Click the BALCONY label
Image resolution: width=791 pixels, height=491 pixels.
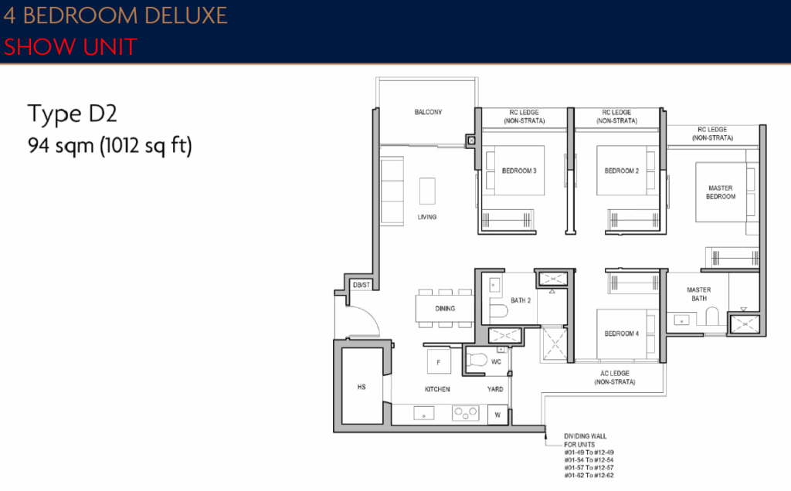428,113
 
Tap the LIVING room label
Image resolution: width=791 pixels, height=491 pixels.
427,217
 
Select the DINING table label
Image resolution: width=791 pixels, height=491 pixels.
444,309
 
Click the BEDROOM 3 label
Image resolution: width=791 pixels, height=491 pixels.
519,171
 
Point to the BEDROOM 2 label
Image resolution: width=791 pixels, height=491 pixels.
622,171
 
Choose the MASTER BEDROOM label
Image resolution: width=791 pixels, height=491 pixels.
721,192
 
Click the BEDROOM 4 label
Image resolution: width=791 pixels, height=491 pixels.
622,334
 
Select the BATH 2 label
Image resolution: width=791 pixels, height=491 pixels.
520,300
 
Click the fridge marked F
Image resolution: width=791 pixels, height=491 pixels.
439,361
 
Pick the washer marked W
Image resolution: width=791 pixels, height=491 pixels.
497,415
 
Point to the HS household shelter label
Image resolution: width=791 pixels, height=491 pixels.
362,388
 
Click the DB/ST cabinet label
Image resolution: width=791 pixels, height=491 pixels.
361,285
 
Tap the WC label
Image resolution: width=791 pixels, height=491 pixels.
497,361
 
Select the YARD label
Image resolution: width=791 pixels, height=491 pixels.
496,389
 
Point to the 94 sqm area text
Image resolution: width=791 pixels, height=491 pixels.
109,145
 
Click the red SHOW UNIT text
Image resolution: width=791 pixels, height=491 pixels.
70,46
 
